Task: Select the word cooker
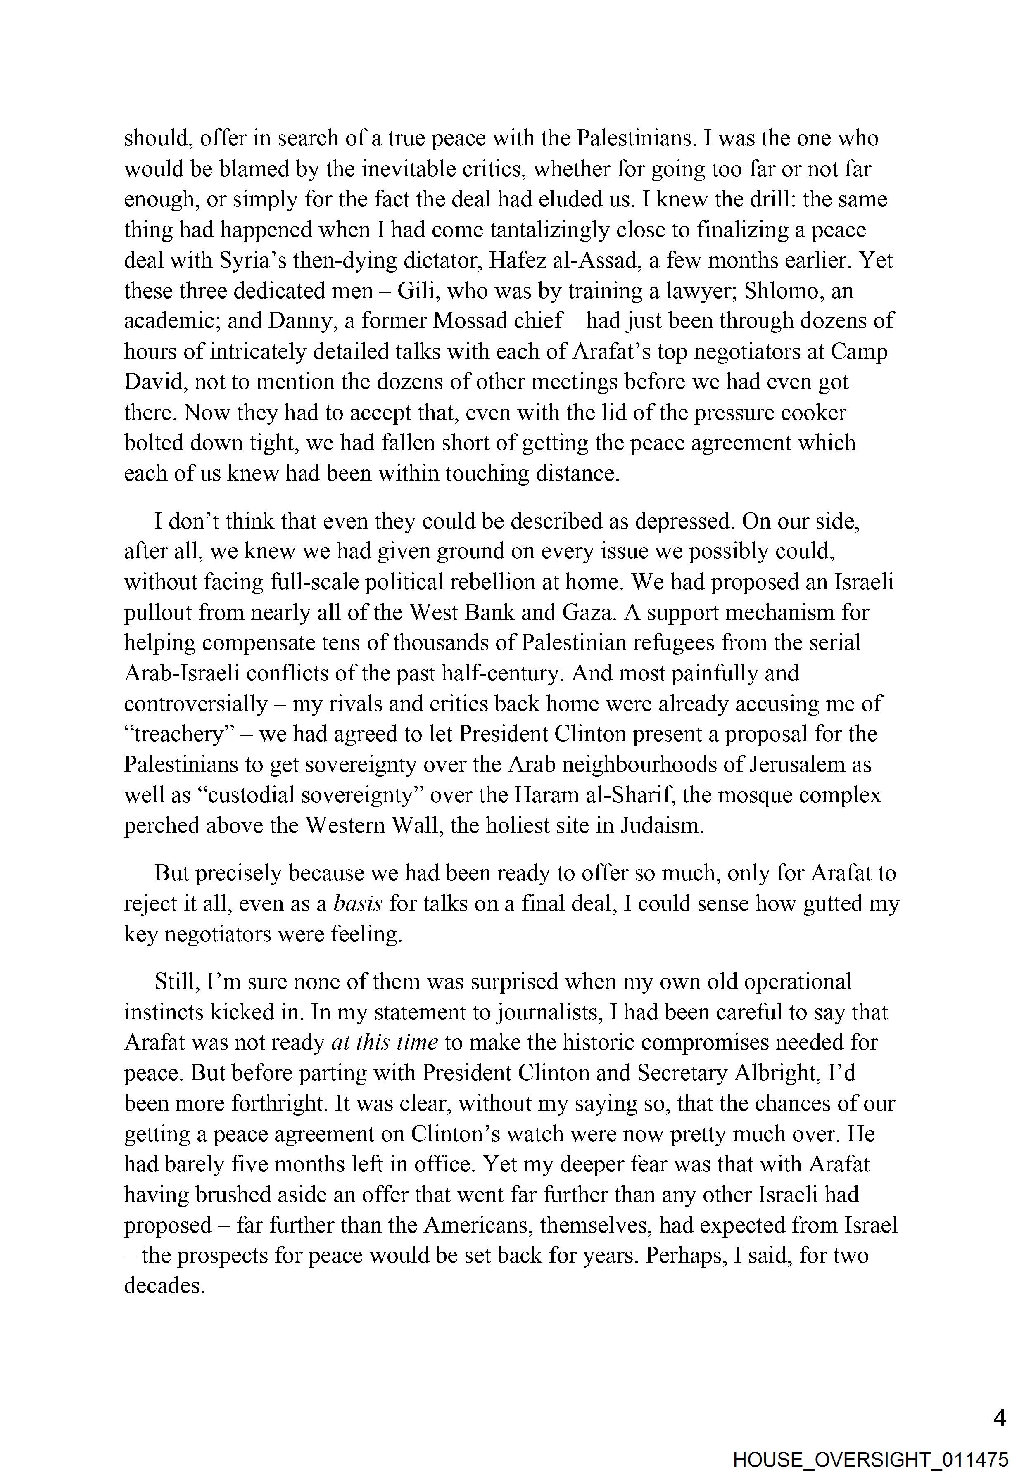pos(814,413)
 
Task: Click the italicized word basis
pos(358,904)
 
